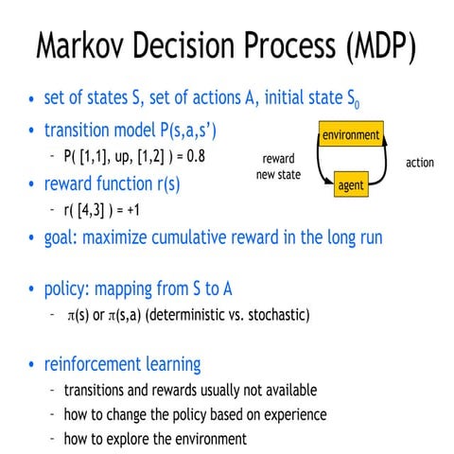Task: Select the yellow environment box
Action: pos(351,135)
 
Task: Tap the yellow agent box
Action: pos(351,186)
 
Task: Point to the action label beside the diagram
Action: pos(420,163)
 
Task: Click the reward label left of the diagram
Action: pos(280,158)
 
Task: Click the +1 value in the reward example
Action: pos(141,210)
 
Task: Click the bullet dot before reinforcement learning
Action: pos(33,365)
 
